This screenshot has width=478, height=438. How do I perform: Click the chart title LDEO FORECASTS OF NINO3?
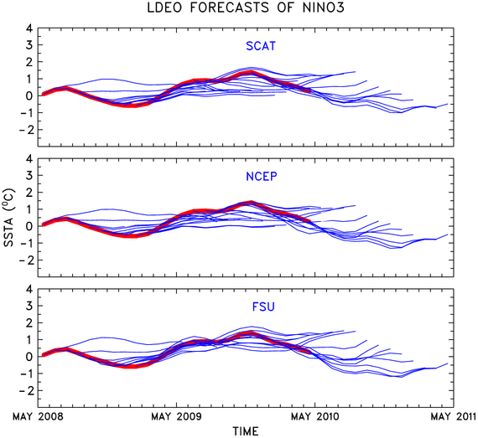point(246,8)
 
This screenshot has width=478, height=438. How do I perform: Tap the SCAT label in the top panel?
point(261,46)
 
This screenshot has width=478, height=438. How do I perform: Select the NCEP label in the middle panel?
point(262,176)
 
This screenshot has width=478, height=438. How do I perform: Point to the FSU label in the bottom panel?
point(263,307)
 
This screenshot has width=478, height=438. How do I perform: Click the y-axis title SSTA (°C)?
point(9,218)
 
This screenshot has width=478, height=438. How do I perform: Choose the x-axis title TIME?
point(246,431)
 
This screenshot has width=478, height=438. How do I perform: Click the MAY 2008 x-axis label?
point(38,416)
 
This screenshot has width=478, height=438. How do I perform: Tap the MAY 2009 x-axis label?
point(176,416)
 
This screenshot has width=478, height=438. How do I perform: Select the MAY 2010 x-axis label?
point(315,416)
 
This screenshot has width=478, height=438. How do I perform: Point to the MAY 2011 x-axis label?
point(454,416)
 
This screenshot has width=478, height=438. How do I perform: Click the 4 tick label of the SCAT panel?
point(29,28)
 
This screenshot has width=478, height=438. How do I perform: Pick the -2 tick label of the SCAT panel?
point(26,130)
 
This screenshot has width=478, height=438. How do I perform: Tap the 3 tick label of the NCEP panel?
point(29,176)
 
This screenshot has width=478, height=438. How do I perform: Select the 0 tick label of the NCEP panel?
point(29,226)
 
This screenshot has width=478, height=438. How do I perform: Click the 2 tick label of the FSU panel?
point(29,323)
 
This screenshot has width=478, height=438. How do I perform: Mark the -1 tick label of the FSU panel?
point(26,374)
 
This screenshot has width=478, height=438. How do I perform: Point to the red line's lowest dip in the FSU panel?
point(131,366)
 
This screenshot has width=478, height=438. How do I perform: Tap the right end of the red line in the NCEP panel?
point(310,220)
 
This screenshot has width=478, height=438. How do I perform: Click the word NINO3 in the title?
point(324,8)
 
